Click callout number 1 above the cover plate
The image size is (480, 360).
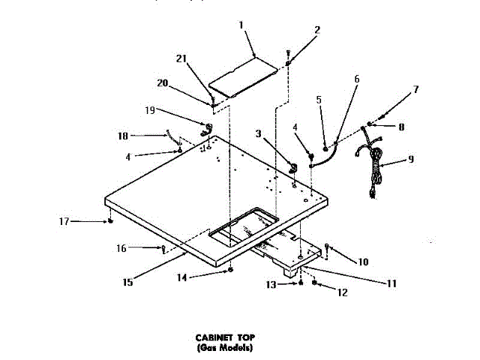tap(241, 25)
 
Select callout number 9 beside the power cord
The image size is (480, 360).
tap(411, 159)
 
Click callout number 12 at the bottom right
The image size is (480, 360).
tap(343, 292)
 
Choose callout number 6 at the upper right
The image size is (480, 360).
tap(356, 79)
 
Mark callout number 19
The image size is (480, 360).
tap(151, 109)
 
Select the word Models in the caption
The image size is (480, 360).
tap(235, 348)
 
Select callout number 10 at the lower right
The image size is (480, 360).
tap(363, 262)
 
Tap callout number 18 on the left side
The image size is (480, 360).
tap(124, 136)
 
